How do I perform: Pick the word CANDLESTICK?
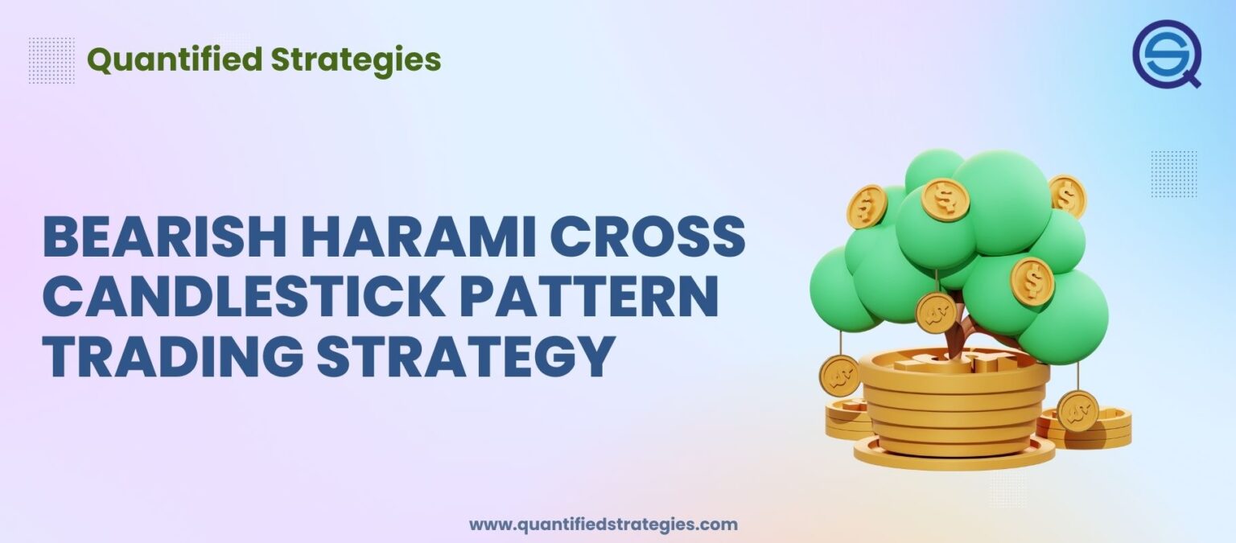[x=243, y=296]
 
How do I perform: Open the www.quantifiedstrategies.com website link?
[x=603, y=524]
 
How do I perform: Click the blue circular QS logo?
[x=1166, y=54]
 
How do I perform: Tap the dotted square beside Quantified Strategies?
[x=51, y=60]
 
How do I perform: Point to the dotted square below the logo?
[x=1173, y=174]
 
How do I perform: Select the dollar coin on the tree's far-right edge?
[x=1067, y=195]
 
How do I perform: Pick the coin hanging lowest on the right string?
[x=1077, y=410]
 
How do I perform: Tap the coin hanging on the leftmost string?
[x=839, y=376]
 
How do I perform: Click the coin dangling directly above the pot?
[x=936, y=313]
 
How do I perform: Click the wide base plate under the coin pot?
[x=954, y=455]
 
